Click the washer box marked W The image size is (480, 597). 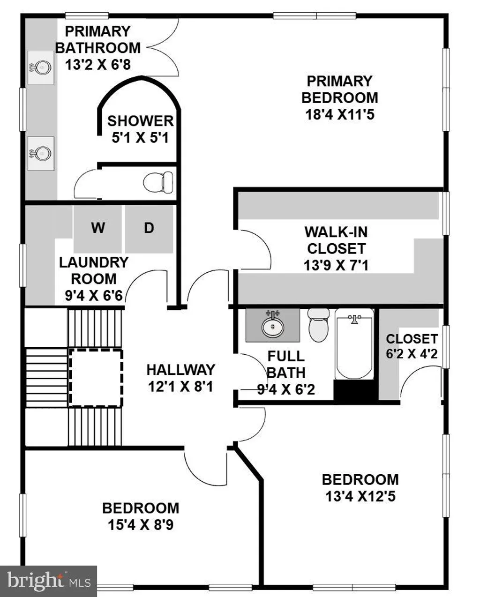(x=97, y=229)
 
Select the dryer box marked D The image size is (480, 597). (x=149, y=229)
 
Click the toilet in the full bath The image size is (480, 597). (x=319, y=325)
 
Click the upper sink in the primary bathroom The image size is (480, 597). (x=41, y=68)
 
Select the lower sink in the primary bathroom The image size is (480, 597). (x=41, y=153)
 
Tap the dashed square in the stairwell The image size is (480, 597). (x=96, y=378)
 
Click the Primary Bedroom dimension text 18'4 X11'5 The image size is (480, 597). (x=340, y=114)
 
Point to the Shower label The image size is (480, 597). (x=140, y=121)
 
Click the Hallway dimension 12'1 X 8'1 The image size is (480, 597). (x=181, y=387)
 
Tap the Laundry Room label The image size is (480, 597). (x=94, y=270)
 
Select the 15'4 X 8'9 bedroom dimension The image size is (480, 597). (x=141, y=525)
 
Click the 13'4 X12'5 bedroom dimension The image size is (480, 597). (x=360, y=496)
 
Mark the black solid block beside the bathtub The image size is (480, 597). (x=355, y=390)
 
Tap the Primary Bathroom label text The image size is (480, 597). (x=97, y=40)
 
